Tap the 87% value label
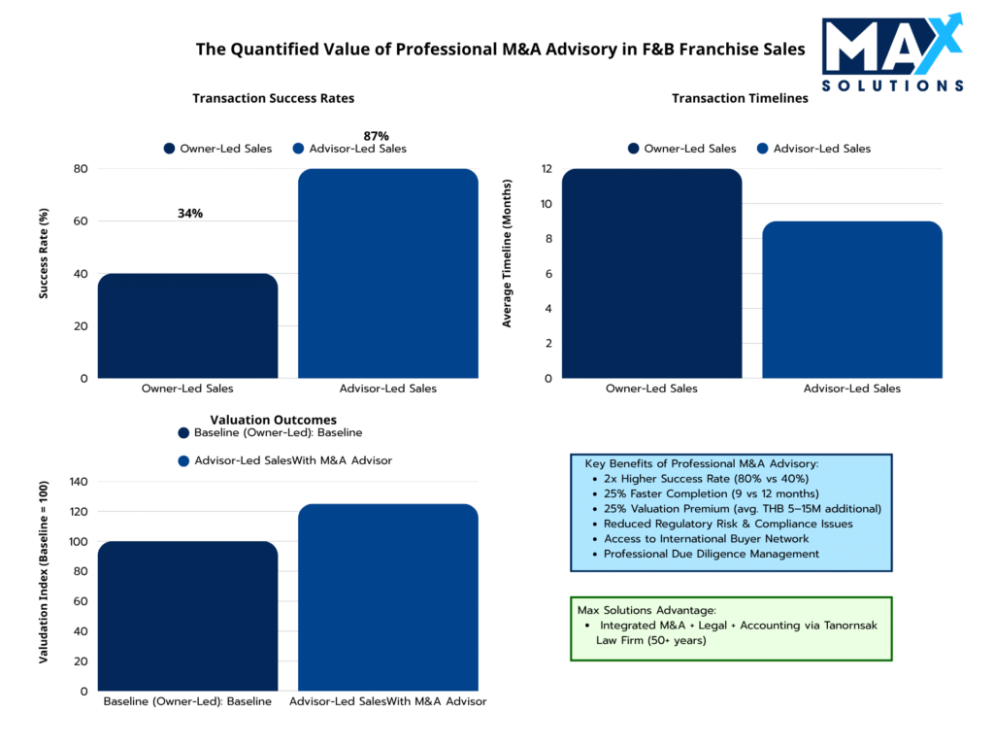376,136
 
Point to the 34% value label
190,214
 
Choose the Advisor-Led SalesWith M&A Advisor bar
387,597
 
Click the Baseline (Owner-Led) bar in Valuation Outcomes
188,616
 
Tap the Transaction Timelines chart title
740,98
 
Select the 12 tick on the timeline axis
547,169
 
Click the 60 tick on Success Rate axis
81,221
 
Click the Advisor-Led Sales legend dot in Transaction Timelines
762,149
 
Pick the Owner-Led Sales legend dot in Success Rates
169,149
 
